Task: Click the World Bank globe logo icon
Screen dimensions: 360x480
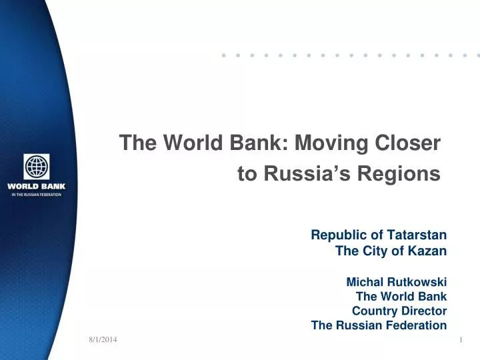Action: [x=37, y=167]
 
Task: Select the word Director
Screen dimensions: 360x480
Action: [x=425, y=311]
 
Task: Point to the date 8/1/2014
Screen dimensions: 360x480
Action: [x=103, y=341]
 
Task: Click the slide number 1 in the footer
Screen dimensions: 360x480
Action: [x=461, y=341]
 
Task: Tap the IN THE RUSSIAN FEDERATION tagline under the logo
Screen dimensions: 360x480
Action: [x=37, y=195]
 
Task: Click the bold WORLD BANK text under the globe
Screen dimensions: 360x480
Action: [x=37, y=186]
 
